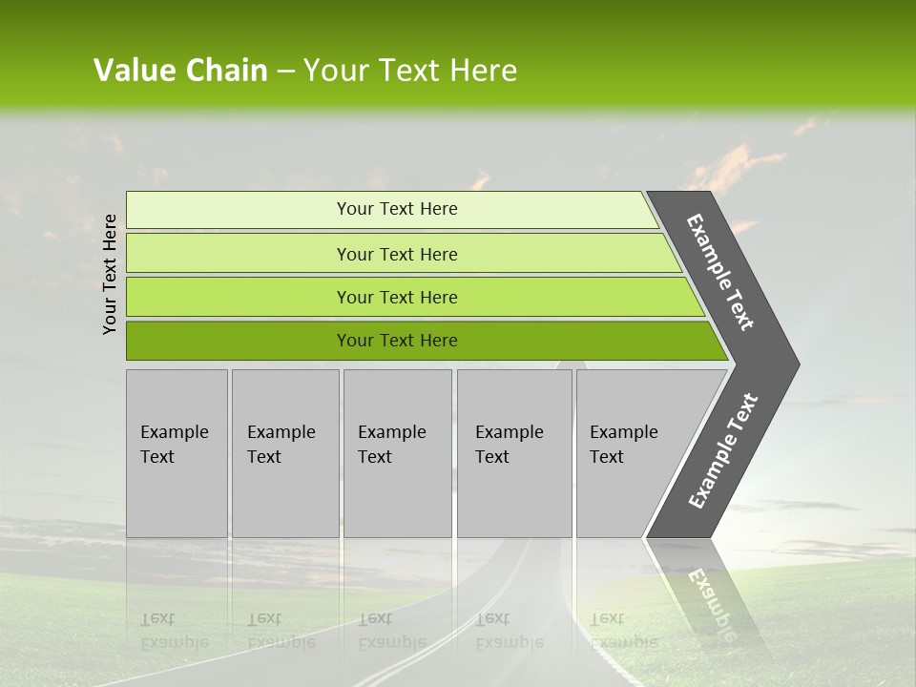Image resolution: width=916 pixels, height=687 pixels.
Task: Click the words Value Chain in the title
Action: coord(180,71)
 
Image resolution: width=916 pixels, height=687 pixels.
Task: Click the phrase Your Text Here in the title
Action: coord(410,71)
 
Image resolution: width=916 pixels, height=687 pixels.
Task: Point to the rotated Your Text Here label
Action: coord(110,274)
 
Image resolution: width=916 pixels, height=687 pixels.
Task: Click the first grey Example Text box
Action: coord(177,453)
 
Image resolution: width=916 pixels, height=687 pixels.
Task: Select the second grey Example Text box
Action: coord(284,453)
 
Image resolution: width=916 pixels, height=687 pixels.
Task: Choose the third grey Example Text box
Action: coord(397,453)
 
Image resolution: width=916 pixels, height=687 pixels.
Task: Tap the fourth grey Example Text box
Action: coord(514,453)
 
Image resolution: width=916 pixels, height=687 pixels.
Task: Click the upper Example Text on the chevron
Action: coord(720,272)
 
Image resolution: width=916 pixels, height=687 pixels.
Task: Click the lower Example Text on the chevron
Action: coord(723,451)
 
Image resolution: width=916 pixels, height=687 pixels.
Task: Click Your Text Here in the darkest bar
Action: coord(397,341)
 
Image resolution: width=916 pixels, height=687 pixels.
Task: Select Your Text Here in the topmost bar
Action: coord(397,209)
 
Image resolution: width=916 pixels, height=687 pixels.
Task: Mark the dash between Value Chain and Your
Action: coord(285,73)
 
